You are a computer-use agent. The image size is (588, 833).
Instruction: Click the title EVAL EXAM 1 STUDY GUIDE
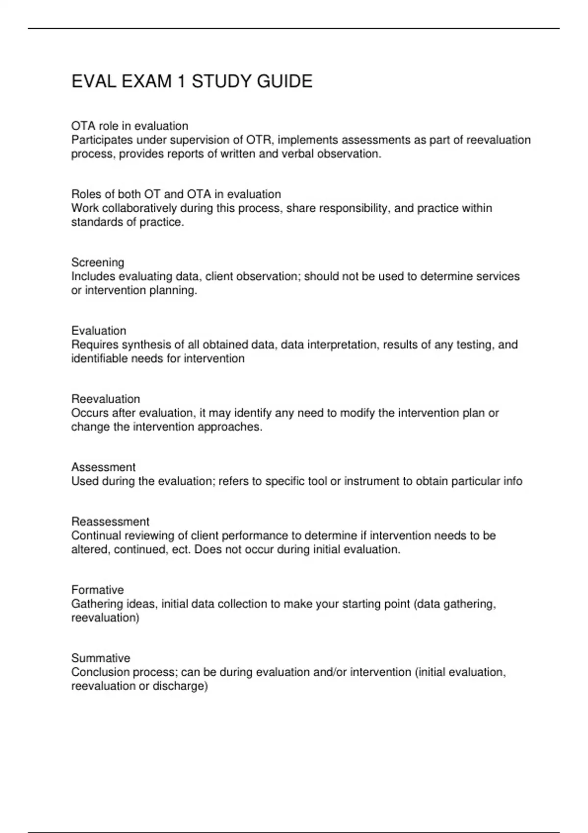coord(192,81)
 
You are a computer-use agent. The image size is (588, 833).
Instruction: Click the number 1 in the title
coord(181,81)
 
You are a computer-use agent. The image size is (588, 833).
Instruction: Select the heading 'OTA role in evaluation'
coord(129,126)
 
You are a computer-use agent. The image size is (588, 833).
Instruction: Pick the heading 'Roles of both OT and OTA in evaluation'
coord(176,194)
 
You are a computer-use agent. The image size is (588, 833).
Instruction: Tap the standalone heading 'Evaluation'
coord(98,331)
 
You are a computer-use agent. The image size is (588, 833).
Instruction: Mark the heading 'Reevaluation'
coord(105,399)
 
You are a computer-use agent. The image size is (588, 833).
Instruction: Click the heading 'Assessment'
coord(103,467)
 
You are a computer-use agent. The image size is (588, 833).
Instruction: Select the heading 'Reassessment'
coord(110,521)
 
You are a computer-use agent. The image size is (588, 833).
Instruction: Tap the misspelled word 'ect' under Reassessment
coord(179,550)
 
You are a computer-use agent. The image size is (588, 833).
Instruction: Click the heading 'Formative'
coord(98,589)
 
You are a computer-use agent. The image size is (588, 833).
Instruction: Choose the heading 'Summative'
coord(100,658)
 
